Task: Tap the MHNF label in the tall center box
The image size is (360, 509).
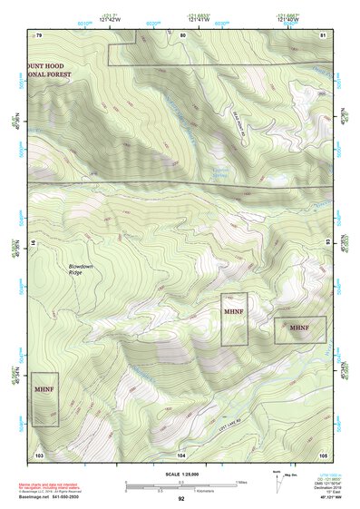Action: pyautogui.click(x=234, y=311)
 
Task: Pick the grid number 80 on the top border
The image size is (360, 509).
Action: pyautogui.click(x=182, y=34)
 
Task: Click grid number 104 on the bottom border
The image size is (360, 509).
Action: pyautogui.click(x=181, y=453)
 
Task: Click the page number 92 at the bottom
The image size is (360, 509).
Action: pyautogui.click(x=181, y=498)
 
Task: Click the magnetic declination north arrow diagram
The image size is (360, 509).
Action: pyautogui.click(x=277, y=481)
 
